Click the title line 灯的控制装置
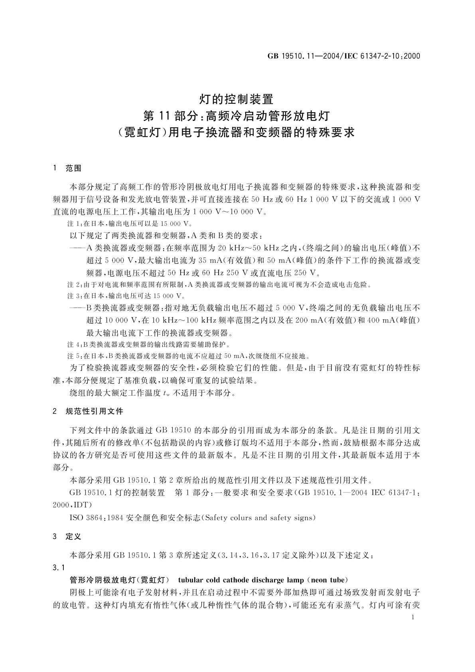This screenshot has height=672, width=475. point(237,98)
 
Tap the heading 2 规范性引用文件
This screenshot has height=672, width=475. point(88,411)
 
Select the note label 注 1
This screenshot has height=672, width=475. point(74,224)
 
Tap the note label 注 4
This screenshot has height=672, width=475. point(74,344)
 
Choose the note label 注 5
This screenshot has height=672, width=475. point(74,356)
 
